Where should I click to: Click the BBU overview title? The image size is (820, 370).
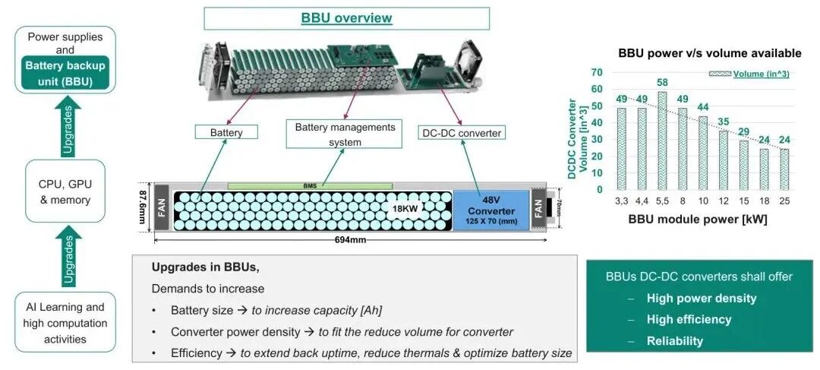(x=346, y=18)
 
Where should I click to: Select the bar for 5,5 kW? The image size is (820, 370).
(x=661, y=141)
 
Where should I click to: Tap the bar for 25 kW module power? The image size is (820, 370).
(x=784, y=169)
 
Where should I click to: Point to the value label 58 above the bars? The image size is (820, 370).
(x=661, y=83)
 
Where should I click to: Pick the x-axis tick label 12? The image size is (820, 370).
(x=724, y=201)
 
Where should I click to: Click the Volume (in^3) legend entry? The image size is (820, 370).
(x=749, y=74)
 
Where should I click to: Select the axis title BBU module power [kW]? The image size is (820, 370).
(x=698, y=220)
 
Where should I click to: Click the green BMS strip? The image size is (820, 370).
(x=310, y=186)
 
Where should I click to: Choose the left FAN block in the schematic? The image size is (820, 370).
(x=161, y=207)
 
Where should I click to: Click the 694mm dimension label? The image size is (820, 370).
(x=350, y=239)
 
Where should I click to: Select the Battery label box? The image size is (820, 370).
(x=226, y=132)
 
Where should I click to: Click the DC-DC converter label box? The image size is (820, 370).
(x=462, y=133)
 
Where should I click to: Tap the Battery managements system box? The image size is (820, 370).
(x=345, y=134)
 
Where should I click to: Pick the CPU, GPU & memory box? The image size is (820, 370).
(x=65, y=191)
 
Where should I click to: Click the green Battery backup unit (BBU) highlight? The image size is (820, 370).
(x=65, y=73)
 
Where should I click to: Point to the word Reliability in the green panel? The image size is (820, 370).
(x=675, y=341)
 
